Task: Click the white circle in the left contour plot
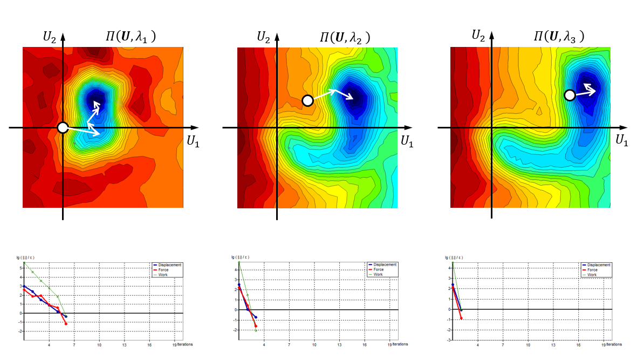[63, 127]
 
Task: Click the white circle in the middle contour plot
[307, 100]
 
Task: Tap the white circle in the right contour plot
[569, 96]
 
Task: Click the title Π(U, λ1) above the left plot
[131, 37]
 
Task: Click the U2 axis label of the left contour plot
[50, 37]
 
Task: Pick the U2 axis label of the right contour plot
[478, 36]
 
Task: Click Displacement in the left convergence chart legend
[169, 265]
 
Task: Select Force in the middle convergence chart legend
[381, 269]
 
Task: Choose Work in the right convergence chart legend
[592, 275]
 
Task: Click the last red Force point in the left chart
[66, 324]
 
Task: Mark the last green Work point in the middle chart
[255, 330]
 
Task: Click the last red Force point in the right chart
[461, 318]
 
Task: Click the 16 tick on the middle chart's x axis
[365, 344]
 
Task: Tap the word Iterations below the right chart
[614, 344]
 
